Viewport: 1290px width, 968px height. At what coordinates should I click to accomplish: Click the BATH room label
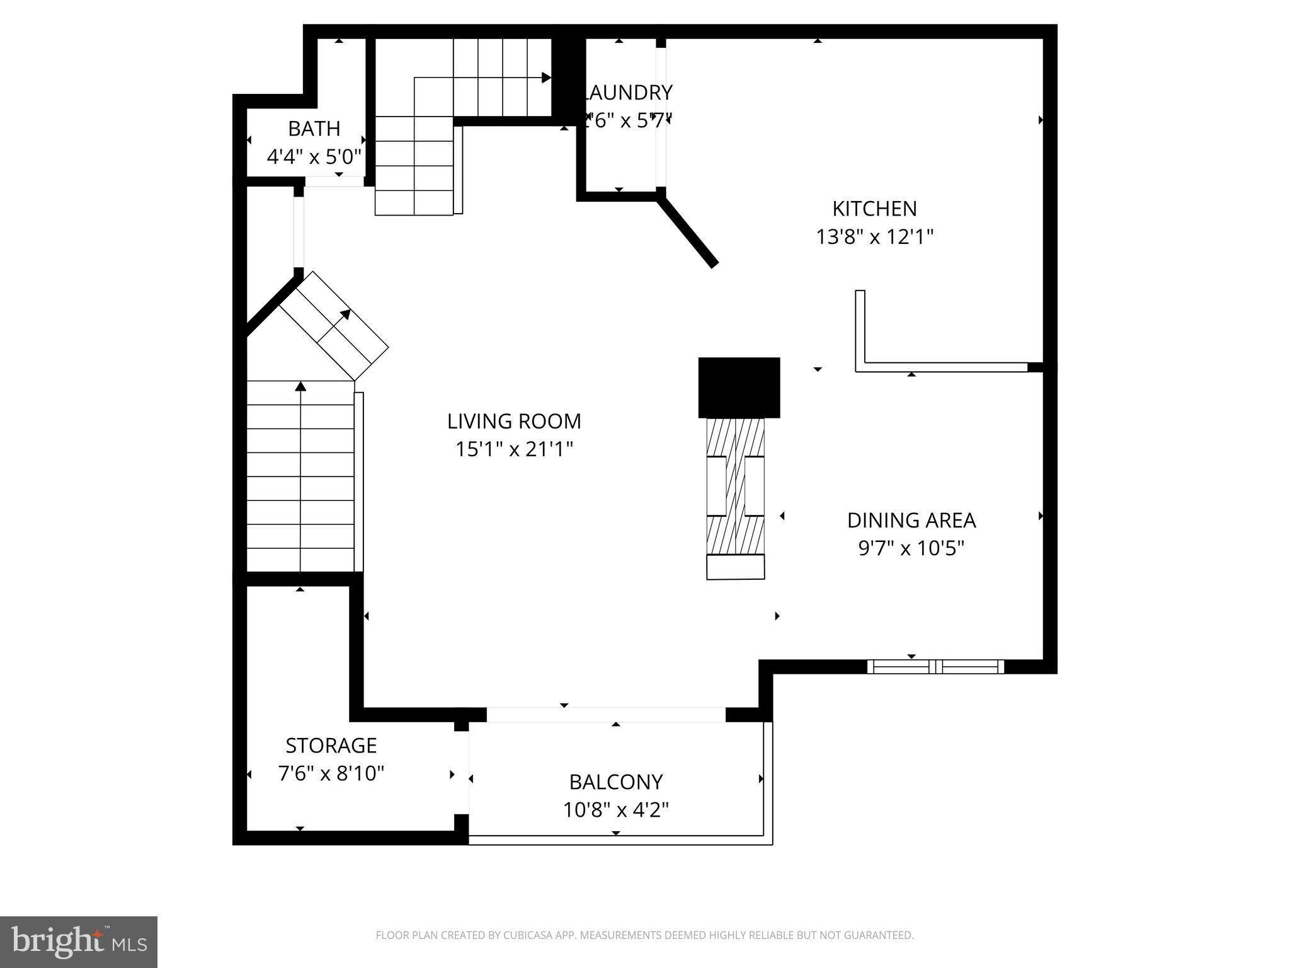pyautogui.click(x=314, y=129)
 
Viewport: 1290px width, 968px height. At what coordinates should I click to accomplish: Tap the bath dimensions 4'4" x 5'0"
pyautogui.click(x=314, y=156)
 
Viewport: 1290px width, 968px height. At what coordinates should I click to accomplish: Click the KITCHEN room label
pyautogui.click(x=874, y=209)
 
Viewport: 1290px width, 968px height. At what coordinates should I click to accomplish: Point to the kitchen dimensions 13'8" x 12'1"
pyautogui.click(x=874, y=237)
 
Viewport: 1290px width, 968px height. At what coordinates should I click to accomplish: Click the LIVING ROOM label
pyautogui.click(x=514, y=421)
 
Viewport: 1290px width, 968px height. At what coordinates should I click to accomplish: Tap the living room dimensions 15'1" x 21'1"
pyautogui.click(x=514, y=449)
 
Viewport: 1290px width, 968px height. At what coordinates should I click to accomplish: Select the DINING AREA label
pyautogui.click(x=911, y=521)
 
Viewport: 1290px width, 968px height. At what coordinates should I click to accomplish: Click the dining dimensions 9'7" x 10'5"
pyautogui.click(x=911, y=548)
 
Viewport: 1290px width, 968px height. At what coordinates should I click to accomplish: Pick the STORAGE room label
pyautogui.click(x=331, y=746)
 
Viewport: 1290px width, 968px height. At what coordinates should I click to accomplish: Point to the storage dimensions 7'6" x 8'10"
pyautogui.click(x=331, y=773)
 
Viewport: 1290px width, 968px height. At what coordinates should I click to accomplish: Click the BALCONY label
pyautogui.click(x=615, y=782)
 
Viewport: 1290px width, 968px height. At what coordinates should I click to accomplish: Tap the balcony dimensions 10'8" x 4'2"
pyautogui.click(x=615, y=810)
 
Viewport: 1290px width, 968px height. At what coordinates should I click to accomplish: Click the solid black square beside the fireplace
pyautogui.click(x=739, y=388)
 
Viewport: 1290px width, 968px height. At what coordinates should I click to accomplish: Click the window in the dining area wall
pyautogui.click(x=935, y=667)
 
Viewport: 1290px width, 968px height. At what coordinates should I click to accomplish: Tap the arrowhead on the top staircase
pyautogui.click(x=546, y=78)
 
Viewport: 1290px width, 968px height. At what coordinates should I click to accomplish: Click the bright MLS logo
pyautogui.click(x=78, y=942)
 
